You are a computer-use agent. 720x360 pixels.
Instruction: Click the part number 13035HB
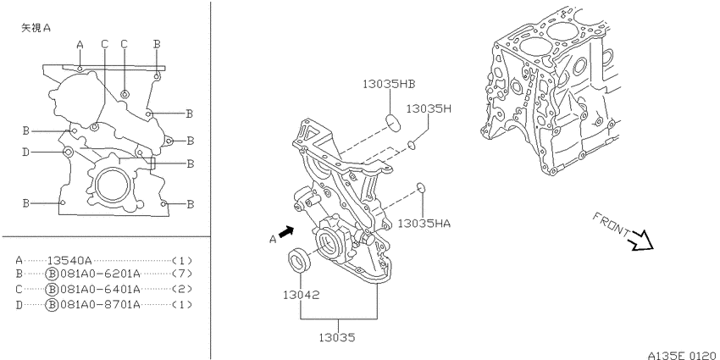click(389, 84)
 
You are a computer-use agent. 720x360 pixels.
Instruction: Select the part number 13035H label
click(429, 108)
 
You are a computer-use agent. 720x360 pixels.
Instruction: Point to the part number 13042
click(301, 295)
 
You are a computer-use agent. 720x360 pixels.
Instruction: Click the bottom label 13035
click(337, 338)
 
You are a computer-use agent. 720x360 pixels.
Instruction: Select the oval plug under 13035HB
click(393, 123)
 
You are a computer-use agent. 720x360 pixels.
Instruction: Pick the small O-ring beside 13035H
click(412, 145)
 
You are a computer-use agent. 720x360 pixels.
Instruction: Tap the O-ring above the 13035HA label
click(419, 187)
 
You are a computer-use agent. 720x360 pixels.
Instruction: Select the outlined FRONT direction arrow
click(642, 241)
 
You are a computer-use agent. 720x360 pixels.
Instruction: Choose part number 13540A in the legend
click(69, 260)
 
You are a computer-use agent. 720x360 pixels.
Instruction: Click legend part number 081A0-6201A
click(100, 274)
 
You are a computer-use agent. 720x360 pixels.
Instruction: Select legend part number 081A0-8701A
click(100, 304)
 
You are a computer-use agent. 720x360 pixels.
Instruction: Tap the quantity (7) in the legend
click(182, 274)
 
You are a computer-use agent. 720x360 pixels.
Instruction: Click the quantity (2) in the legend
click(182, 290)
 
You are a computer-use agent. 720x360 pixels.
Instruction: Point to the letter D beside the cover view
click(26, 152)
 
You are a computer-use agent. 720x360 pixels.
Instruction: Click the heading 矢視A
click(36, 28)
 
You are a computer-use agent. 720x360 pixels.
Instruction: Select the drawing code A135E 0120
click(682, 355)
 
